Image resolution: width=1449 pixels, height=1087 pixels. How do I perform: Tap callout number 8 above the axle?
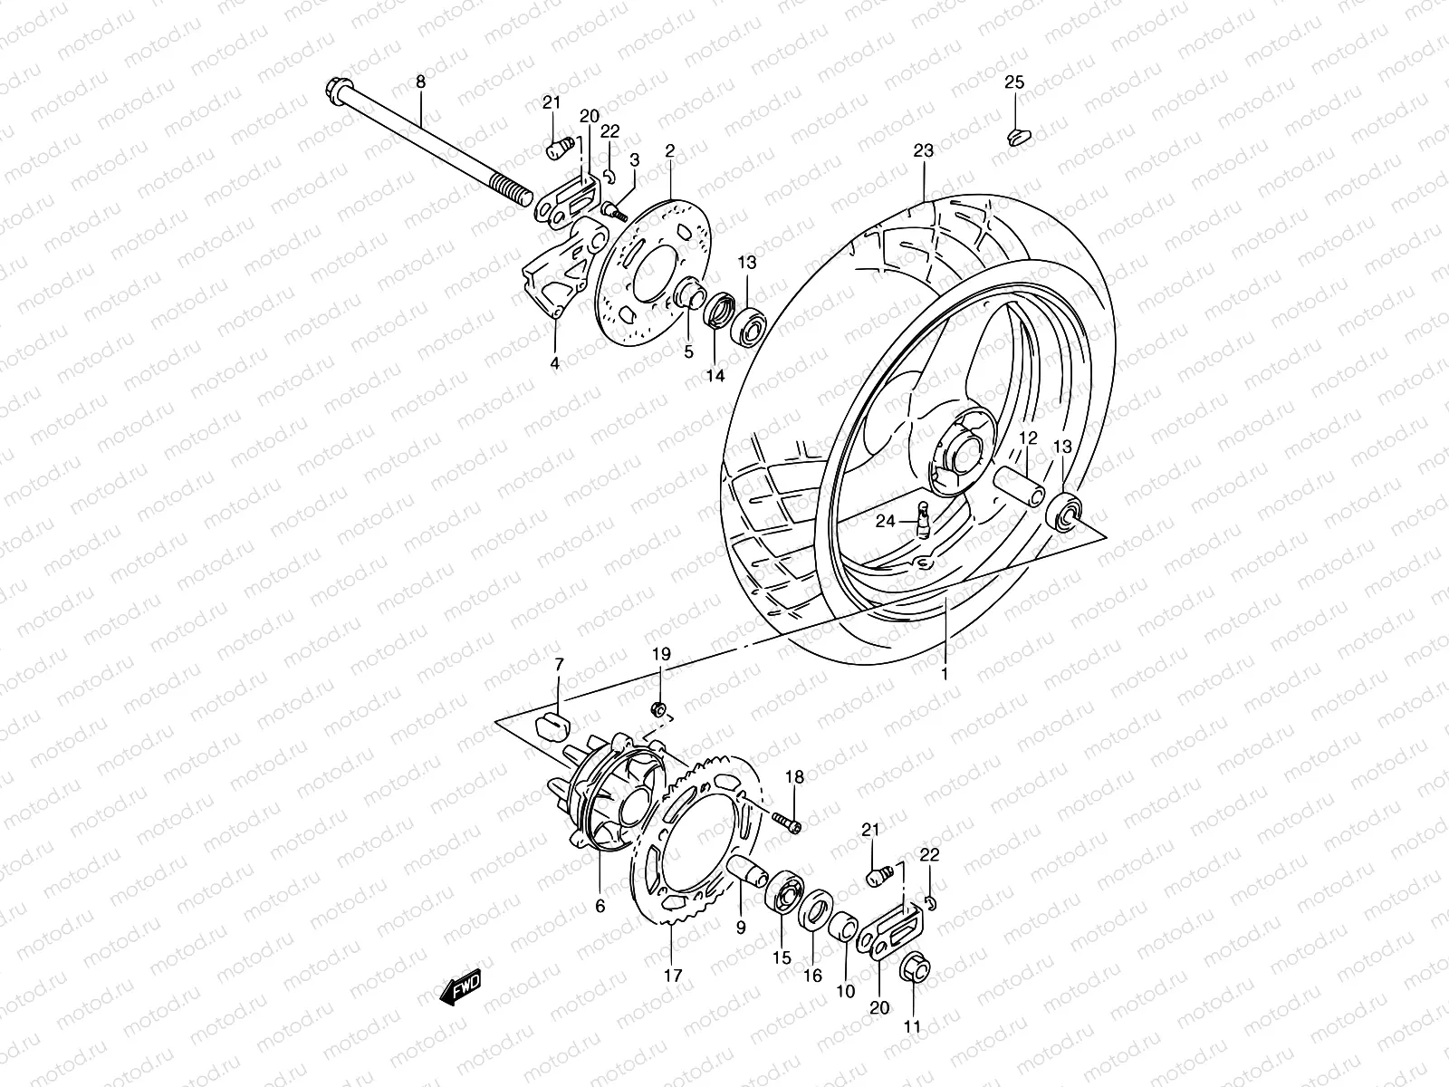coord(420,82)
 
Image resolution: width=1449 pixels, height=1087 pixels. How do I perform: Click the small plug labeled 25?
coord(1018,136)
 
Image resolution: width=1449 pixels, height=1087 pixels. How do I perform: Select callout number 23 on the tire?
coord(923,152)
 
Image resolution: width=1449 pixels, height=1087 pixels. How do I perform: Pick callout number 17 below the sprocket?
coord(671,976)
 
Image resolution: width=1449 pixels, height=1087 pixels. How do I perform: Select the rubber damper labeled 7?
coord(551,725)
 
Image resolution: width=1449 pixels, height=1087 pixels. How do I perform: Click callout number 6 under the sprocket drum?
coord(600,905)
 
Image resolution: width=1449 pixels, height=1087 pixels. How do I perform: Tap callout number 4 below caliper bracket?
coord(554,363)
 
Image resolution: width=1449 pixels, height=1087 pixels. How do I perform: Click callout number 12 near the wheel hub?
coord(1027,438)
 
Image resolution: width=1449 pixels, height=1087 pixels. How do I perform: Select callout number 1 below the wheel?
coord(944,674)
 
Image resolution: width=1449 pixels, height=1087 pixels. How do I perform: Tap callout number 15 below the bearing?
coord(782,957)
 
